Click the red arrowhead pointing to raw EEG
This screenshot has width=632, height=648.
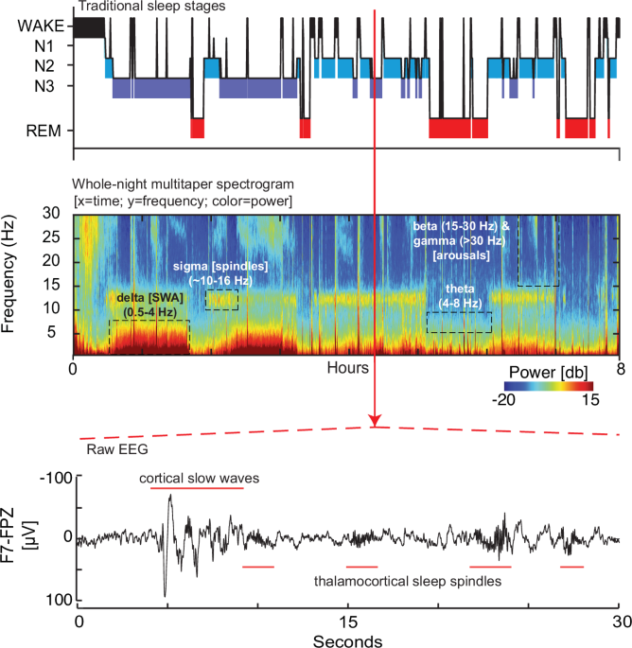pyautogui.click(x=376, y=419)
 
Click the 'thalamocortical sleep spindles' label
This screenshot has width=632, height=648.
pyautogui.click(x=408, y=581)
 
